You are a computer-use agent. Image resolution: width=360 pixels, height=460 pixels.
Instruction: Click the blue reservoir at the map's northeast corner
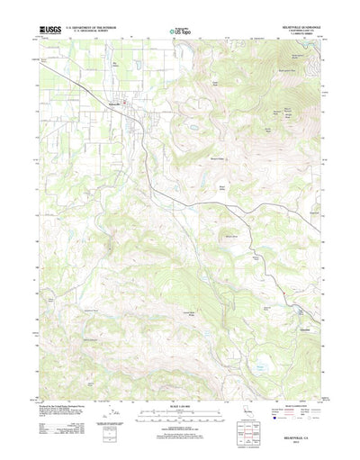(297, 44)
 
